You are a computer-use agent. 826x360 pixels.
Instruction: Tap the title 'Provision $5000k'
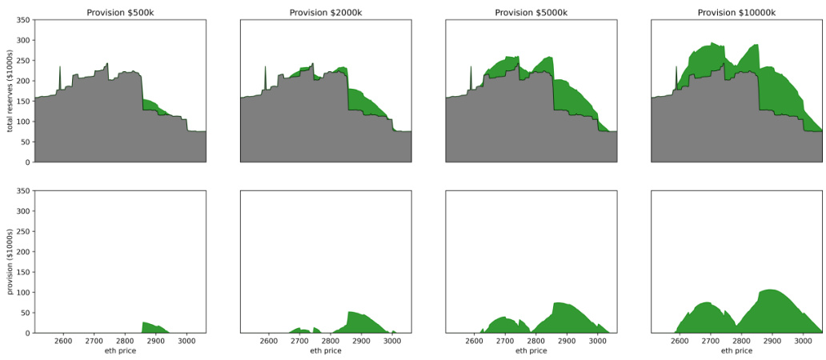531,13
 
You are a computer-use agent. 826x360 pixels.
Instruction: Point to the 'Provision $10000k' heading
736,13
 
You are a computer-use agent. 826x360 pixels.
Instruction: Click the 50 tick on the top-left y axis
25,142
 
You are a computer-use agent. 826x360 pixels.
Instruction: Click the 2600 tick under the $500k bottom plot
63,340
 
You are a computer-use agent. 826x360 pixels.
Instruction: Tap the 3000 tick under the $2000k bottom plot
392,340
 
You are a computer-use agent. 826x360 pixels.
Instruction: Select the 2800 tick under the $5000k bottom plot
535,340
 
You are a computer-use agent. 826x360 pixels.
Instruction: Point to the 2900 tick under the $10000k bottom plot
772,340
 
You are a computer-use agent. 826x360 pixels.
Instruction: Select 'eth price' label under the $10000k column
736,350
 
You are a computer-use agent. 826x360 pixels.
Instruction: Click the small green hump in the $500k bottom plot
152,327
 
